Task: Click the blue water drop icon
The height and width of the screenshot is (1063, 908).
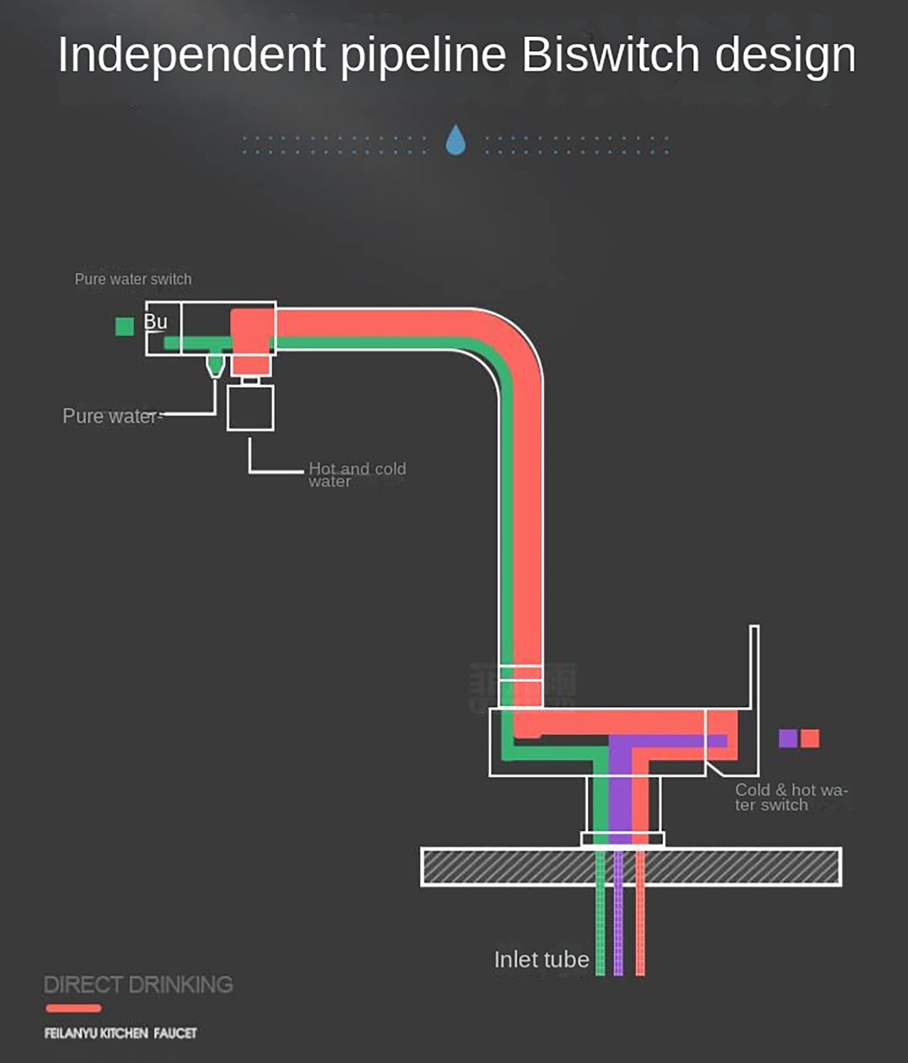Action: pos(456,140)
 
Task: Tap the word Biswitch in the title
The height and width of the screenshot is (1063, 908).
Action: pos(610,55)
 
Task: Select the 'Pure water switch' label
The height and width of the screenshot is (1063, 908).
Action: pos(133,279)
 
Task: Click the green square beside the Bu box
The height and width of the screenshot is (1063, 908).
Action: pos(124,327)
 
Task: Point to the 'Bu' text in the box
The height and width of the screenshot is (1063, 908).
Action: pos(156,321)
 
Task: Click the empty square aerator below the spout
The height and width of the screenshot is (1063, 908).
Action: pos(250,408)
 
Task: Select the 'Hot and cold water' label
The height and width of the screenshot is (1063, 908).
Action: pos(357,475)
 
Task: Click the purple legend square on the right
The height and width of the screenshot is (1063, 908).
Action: pos(788,738)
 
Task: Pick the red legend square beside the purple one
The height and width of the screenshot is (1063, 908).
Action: pos(810,738)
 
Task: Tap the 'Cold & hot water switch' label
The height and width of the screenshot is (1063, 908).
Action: pos(790,797)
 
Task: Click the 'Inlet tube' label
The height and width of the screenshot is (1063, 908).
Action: pos(541,960)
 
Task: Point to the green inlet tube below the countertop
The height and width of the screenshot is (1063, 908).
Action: pos(600,930)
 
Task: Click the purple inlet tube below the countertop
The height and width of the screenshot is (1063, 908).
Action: pos(618,930)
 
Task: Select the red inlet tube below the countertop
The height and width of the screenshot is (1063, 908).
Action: pos(640,930)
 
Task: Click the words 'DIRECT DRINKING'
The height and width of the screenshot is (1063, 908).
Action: pos(138,984)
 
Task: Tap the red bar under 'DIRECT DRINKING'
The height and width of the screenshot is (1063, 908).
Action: pos(74,1008)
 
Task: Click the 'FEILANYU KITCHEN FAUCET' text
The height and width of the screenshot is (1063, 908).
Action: pos(121,1033)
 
